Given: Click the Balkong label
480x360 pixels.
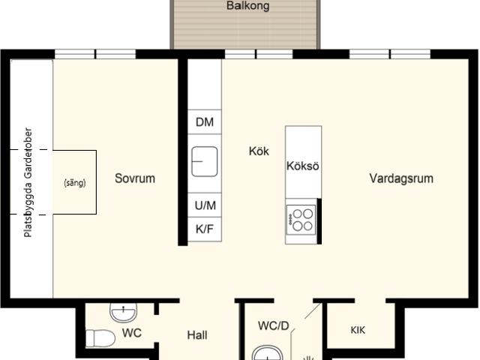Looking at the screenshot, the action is click(248, 6).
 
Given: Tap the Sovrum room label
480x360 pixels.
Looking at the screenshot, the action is click(135, 178).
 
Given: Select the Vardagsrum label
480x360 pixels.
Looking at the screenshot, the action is click(401, 178).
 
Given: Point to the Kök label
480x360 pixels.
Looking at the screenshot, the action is click(259, 151).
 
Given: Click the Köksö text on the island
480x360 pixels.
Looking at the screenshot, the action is click(303, 166).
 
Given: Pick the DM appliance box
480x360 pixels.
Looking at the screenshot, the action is click(205, 121).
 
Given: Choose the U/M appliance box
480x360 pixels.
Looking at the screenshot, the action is click(205, 205).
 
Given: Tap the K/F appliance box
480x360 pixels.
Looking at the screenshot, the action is click(205, 229).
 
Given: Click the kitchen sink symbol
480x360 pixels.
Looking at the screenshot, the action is click(205, 162).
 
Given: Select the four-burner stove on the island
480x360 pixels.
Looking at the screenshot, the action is click(301, 220).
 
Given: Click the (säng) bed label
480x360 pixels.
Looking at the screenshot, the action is click(75, 183).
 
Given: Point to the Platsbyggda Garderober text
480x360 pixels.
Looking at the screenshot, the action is click(28, 182).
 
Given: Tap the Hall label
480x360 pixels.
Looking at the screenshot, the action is click(197, 335).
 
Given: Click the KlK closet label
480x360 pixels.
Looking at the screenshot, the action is click(358, 330).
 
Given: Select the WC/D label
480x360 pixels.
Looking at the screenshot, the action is click(273, 325).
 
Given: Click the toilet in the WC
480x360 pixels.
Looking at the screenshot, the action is click(100, 338).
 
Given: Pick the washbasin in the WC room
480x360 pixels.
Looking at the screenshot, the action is click(123, 313).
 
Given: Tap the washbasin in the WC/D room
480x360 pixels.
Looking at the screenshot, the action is click(267, 353).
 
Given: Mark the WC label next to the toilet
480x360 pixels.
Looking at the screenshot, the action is click(132, 333).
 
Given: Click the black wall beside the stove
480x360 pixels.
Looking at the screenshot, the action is click(319, 221).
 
